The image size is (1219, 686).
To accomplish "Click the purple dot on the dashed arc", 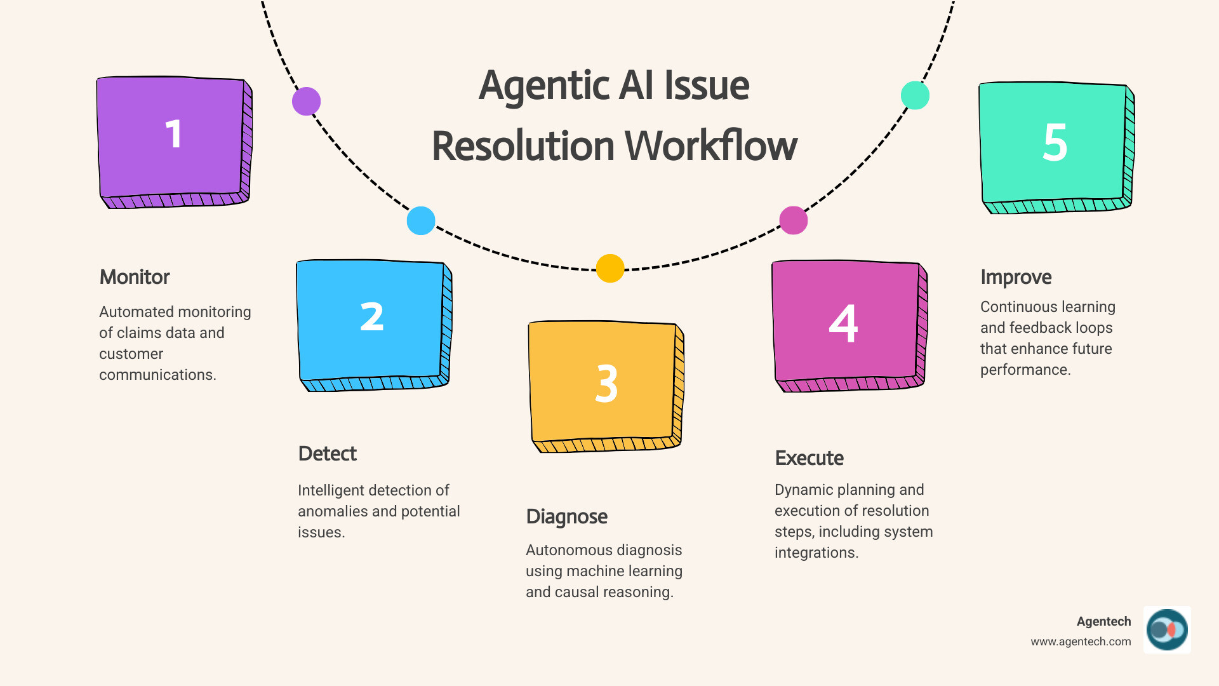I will [x=306, y=101].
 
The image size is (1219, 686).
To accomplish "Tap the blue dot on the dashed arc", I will [x=421, y=220].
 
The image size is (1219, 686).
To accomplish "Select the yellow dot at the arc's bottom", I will [x=610, y=268].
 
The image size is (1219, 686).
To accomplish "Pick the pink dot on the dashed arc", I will [x=794, y=220].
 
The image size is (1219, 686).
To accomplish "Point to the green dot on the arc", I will [x=915, y=95].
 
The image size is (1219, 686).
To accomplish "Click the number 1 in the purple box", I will [x=173, y=135].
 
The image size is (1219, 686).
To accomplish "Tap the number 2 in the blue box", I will [x=372, y=316].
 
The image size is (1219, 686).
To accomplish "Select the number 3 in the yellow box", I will [x=606, y=384].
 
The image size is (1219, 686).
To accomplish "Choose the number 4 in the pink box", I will [x=843, y=323].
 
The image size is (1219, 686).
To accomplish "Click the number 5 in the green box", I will [x=1055, y=142].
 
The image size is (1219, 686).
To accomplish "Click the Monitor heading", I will [x=135, y=277].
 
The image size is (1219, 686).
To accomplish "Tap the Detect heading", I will [x=327, y=454].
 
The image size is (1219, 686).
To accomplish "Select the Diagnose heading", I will [x=566, y=516].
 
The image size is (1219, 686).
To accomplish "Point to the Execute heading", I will [x=809, y=458].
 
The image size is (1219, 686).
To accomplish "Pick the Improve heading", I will [x=1016, y=277].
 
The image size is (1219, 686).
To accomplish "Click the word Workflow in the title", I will [x=711, y=146].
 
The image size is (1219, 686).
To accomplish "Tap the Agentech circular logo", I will [x=1167, y=629].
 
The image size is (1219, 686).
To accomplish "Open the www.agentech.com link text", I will [x=1081, y=642].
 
